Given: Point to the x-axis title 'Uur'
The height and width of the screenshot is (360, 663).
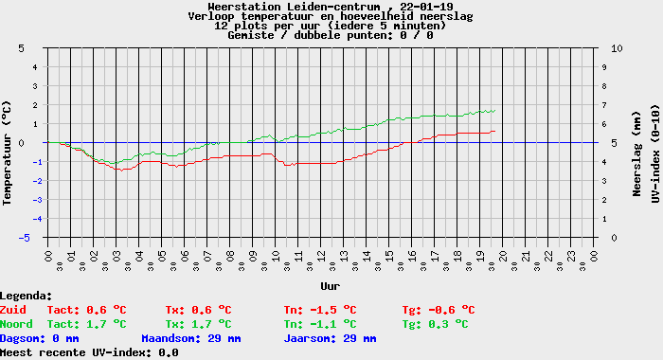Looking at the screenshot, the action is pyautogui.click(x=331, y=286).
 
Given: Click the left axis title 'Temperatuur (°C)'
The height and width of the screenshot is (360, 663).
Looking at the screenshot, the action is pyautogui.click(x=7, y=153).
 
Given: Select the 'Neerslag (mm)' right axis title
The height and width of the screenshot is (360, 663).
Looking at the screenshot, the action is pyautogui.click(x=636, y=154).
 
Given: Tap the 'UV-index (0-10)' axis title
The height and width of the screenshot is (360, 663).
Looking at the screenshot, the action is pyautogui.click(x=655, y=154).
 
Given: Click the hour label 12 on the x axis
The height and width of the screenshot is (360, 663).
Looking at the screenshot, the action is pyautogui.click(x=321, y=257).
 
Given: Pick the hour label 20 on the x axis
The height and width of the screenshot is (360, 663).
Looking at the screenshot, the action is pyautogui.click(x=503, y=257).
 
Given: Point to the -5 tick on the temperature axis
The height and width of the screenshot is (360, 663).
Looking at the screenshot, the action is pyautogui.click(x=24, y=238).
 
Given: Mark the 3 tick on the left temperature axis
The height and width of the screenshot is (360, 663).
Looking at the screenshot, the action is pyautogui.click(x=35, y=86).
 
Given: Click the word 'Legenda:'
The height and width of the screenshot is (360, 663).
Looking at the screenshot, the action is pyautogui.click(x=27, y=296).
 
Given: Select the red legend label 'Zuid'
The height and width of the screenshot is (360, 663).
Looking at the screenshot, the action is pyautogui.click(x=13, y=310).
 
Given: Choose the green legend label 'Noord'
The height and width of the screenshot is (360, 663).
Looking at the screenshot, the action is pyautogui.click(x=16, y=324).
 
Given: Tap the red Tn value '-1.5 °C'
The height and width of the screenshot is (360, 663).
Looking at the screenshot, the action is pyautogui.click(x=333, y=310).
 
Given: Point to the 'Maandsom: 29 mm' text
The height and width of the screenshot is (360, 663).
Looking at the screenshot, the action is pyautogui.click(x=191, y=338).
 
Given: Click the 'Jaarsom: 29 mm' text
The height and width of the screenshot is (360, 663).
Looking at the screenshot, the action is pyautogui.click(x=330, y=338).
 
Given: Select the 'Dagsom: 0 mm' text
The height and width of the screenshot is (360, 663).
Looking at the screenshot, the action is pyautogui.click(x=40, y=338).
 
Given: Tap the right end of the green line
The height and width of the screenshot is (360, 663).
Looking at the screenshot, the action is pyautogui.click(x=494, y=111).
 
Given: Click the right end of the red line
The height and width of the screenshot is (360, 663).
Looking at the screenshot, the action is pyautogui.click(x=494, y=131).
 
